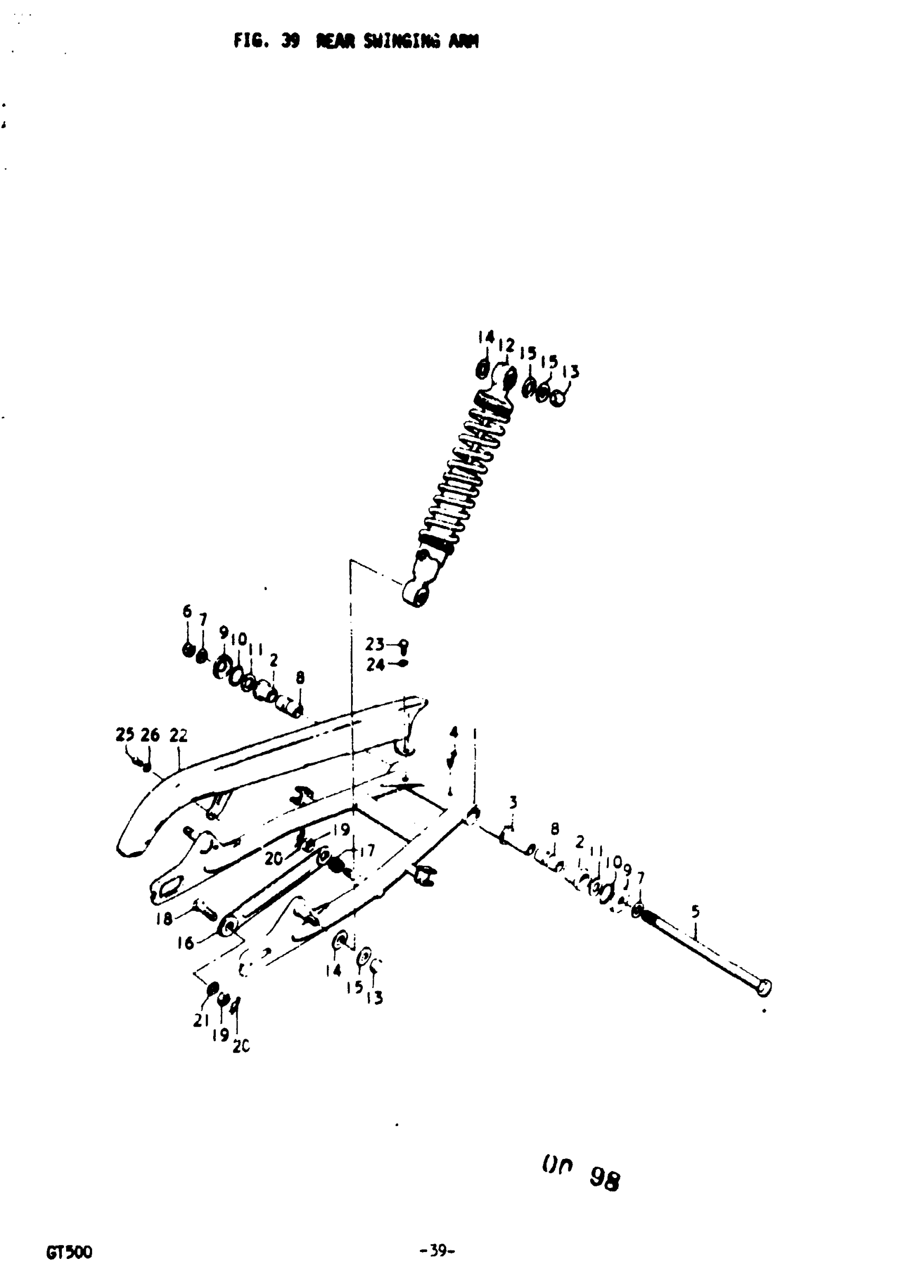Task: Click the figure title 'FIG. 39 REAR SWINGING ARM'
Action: [x=356, y=41]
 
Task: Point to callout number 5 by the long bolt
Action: [x=695, y=912]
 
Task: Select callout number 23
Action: [x=374, y=645]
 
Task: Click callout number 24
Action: [x=375, y=665]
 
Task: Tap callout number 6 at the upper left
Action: [x=187, y=611]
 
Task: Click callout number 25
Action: [x=125, y=735]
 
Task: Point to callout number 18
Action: [x=164, y=919]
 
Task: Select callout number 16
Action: [x=185, y=943]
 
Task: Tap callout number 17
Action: [x=367, y=851]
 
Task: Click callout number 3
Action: [x=513, y=802]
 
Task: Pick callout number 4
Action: [x=454, y=731]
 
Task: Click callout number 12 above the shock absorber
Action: [x=506, y=345]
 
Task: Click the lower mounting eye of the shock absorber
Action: [x=417, y=595]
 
